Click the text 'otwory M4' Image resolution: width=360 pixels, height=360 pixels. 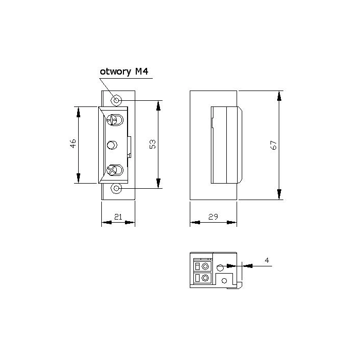tap(124, 71)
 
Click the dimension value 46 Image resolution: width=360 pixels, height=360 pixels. tap(73, 143)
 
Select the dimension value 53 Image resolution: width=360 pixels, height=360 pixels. tap(153, 144)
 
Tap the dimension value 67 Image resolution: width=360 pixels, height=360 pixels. tap(274, 145)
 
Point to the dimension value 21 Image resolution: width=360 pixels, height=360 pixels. tap(118, 217)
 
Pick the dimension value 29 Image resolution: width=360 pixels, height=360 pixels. tap(213, 217)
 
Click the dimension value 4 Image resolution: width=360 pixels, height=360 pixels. tap(267, 260)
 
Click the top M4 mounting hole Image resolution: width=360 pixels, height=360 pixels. tap(116, 100)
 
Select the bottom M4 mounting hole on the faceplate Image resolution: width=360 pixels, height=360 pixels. tap(116, 189)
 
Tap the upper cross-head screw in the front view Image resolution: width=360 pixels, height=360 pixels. tap(115, 120)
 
